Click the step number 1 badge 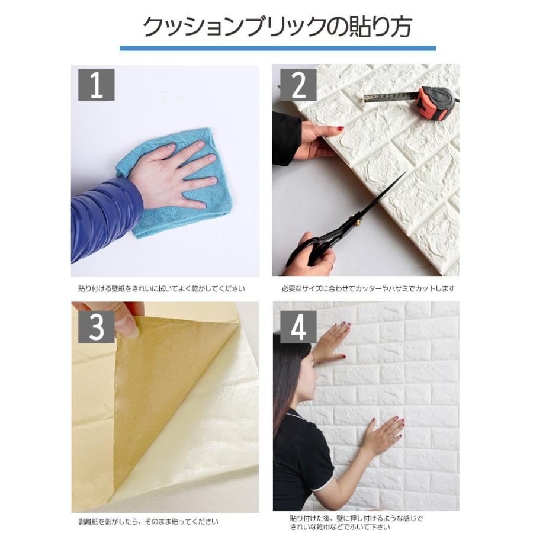[96, 84]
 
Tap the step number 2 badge [298, 84]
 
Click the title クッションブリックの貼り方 [278, 27]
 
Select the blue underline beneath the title [278, 49]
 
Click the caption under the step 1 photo [161, 289]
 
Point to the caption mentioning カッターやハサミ [368, 289]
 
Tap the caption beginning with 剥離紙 [148, 522]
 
